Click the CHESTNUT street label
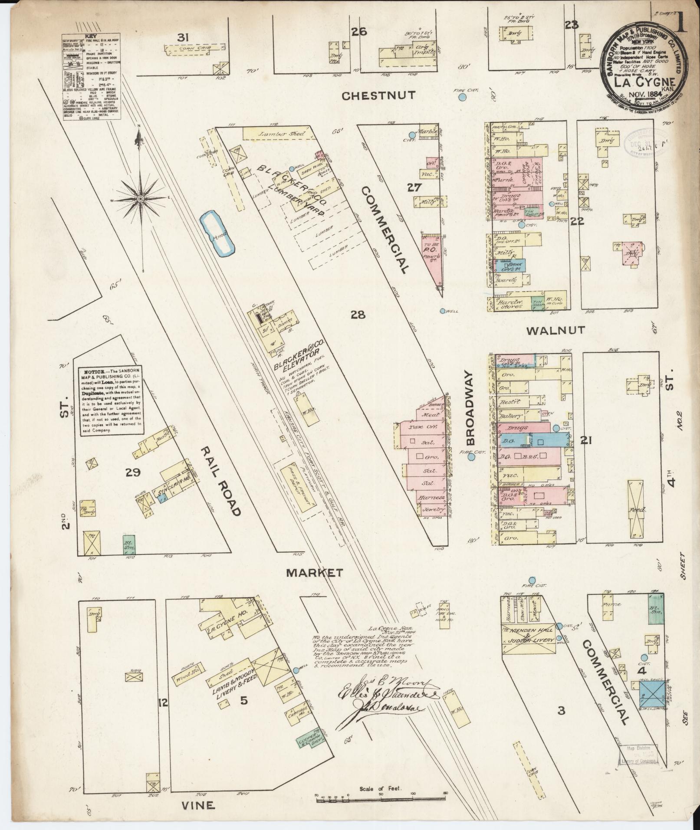(x=378, y=95)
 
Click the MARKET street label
(x=315, y=573)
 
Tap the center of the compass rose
(x=140, y=199)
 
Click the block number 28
(x=358, y=315)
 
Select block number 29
(x=132, y=473)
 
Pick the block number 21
(x=586, y=441)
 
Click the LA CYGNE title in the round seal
(x=644, y=82)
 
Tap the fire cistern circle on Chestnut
(x=463, y=97)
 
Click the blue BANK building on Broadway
(x=511, y=265)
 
